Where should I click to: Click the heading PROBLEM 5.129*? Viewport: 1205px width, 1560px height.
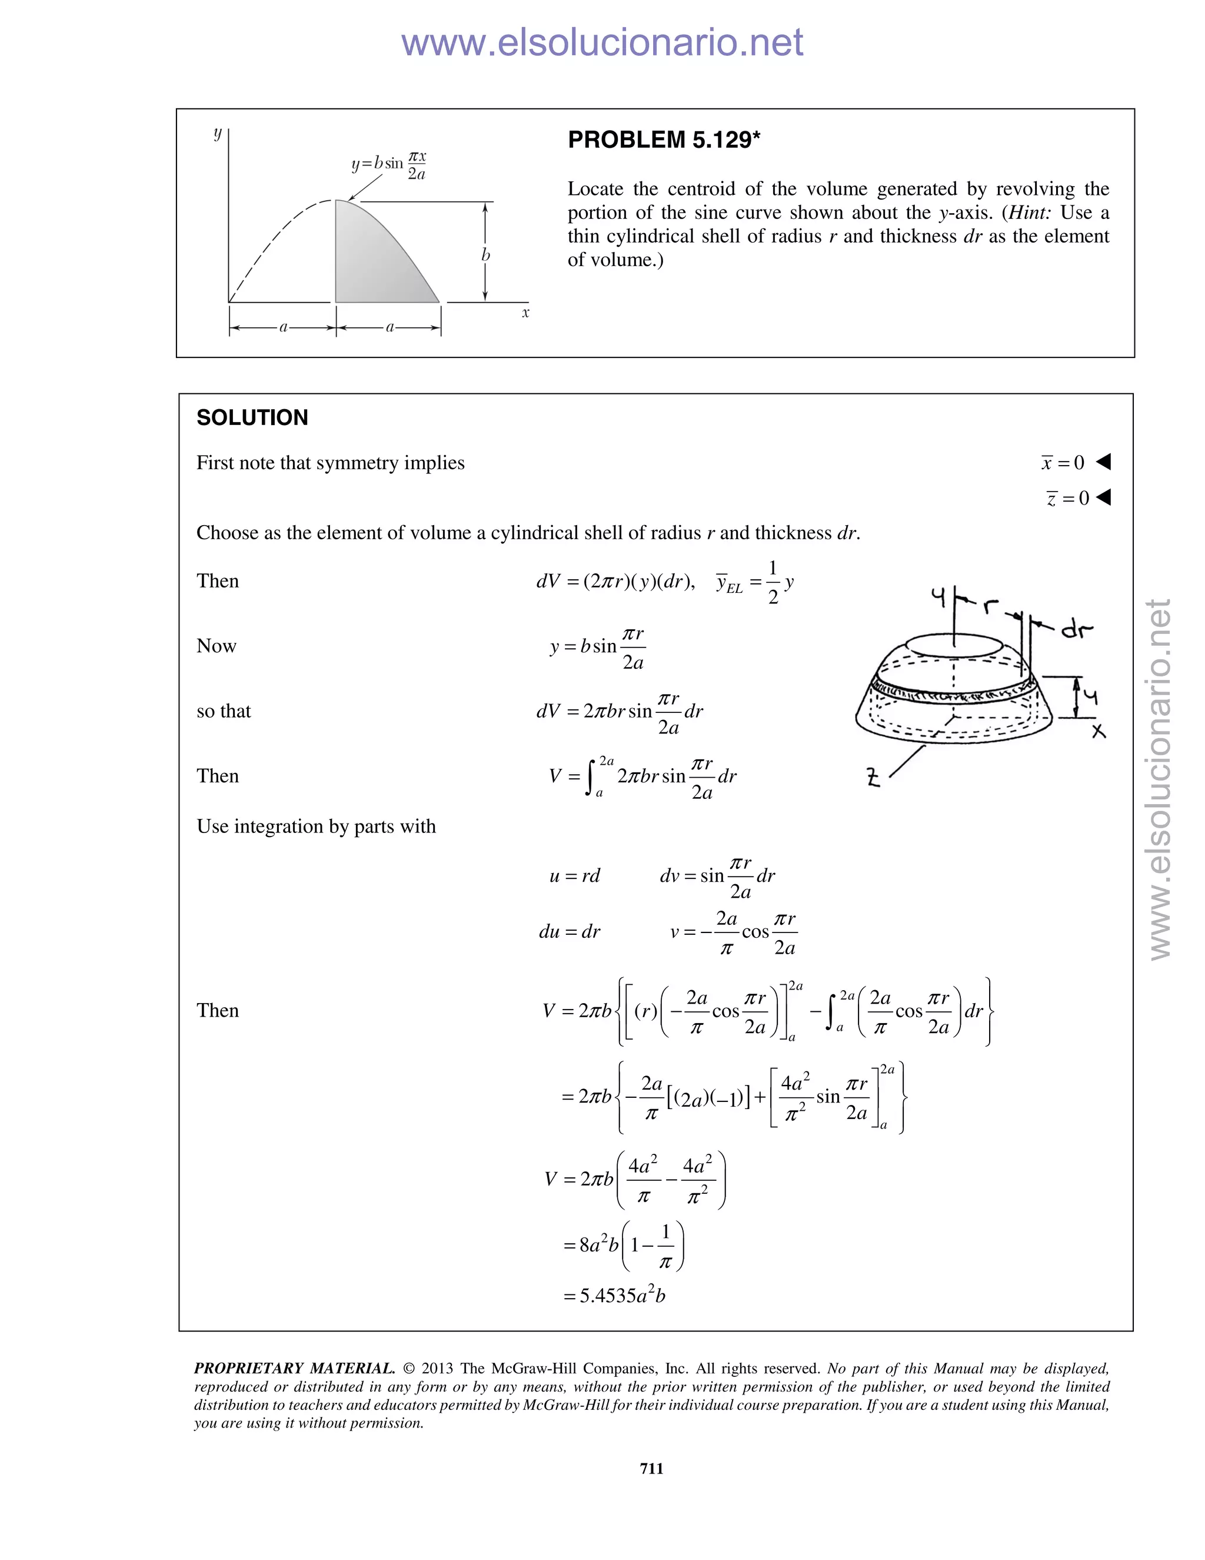[x=663, y=140]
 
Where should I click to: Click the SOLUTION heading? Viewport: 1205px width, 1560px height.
[x=252, y=418]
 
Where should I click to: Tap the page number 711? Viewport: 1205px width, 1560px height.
[x=651, y=1468]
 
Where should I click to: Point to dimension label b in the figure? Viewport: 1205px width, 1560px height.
[x=485, y=255]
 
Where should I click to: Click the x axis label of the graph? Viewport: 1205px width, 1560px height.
[x=525, y=313]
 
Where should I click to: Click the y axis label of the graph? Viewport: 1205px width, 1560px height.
[x=218, y=133]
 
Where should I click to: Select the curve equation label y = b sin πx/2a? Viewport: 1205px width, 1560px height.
[x=389, y=165]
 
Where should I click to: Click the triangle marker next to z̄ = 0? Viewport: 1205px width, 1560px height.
[x=1104, y=497]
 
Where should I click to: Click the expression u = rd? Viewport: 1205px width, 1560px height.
[x=575, y=876]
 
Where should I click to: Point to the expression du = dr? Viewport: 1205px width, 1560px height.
[x=569, y=931]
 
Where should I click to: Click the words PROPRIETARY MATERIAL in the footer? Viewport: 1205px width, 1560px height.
[x=294, y=1369]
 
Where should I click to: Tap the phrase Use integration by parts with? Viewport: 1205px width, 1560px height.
[x=315, y=827]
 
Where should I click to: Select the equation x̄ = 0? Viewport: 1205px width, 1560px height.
[x=1063, y=463]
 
